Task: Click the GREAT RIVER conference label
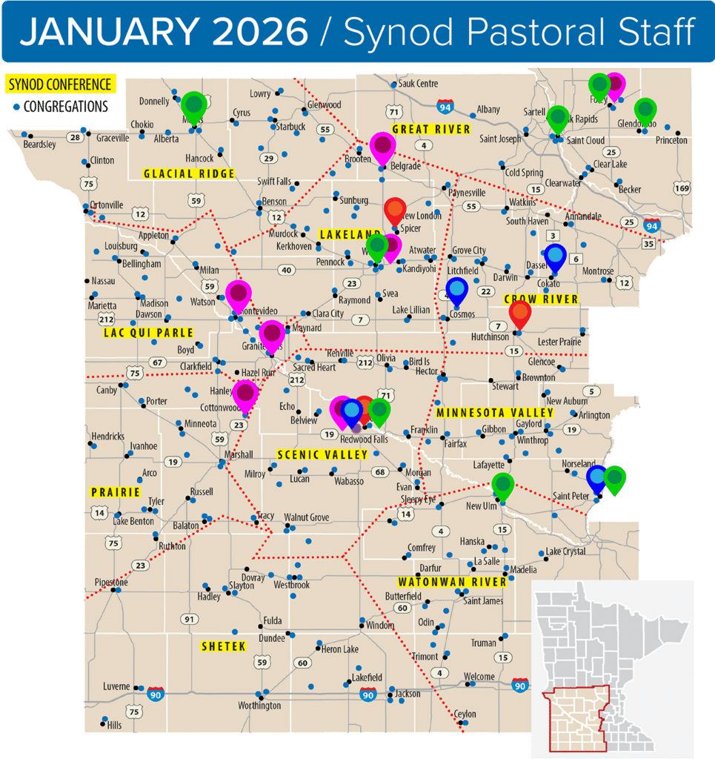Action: (430, 130)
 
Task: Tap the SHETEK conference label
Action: (223, 647)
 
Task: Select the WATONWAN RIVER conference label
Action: (452, 582)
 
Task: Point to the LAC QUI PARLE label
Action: (150, 333)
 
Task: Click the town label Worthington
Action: (259, 706)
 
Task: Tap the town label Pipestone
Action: (111, 583)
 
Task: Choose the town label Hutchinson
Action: (490, 337)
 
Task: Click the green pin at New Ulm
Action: (502, 486)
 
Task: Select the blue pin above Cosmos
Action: (457, 290)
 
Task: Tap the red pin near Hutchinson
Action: (520, 314)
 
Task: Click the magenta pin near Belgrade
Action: (382, 147)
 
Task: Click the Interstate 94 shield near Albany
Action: (445, 106)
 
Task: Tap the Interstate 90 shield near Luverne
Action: (155, 694)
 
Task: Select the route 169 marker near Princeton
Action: (682, 188)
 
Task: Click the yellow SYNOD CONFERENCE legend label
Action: (59, 84)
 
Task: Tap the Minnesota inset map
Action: (612, 667)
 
